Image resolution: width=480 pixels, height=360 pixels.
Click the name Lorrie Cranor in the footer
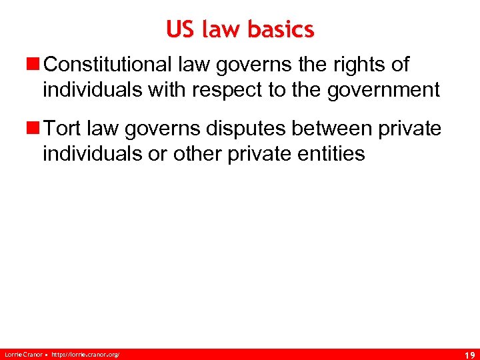[22, 353]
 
